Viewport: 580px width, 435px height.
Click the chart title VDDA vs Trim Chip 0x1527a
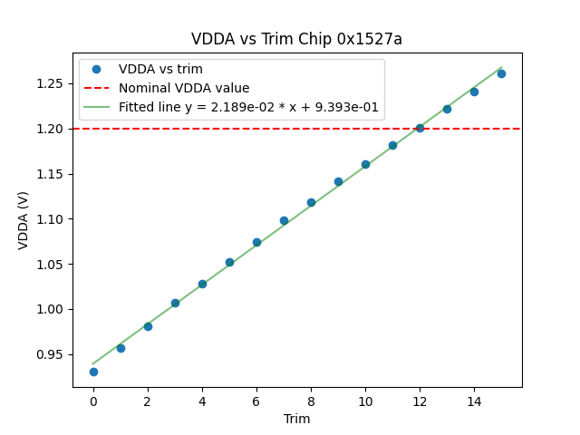296,39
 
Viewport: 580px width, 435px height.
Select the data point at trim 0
93,372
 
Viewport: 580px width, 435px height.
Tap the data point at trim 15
501,73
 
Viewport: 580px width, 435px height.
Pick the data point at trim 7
284,220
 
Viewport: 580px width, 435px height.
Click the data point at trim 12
420,128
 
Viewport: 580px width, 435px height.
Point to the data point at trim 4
202,284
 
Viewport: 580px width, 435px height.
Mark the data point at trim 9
338,181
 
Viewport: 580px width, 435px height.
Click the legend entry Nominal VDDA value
184,88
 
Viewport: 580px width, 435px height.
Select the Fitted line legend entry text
248,107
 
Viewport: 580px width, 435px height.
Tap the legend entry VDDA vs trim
160,69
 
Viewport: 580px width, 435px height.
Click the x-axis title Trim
296,419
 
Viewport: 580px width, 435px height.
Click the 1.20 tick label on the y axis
50,129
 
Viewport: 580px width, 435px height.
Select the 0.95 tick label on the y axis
50,354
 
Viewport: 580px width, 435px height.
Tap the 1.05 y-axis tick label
50,265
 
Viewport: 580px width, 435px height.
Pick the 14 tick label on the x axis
474,401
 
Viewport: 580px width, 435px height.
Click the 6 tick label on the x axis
256,401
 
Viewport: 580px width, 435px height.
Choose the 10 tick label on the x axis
365,401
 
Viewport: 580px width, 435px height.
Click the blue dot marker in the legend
97,69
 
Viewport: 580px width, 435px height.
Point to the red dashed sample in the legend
97,88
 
